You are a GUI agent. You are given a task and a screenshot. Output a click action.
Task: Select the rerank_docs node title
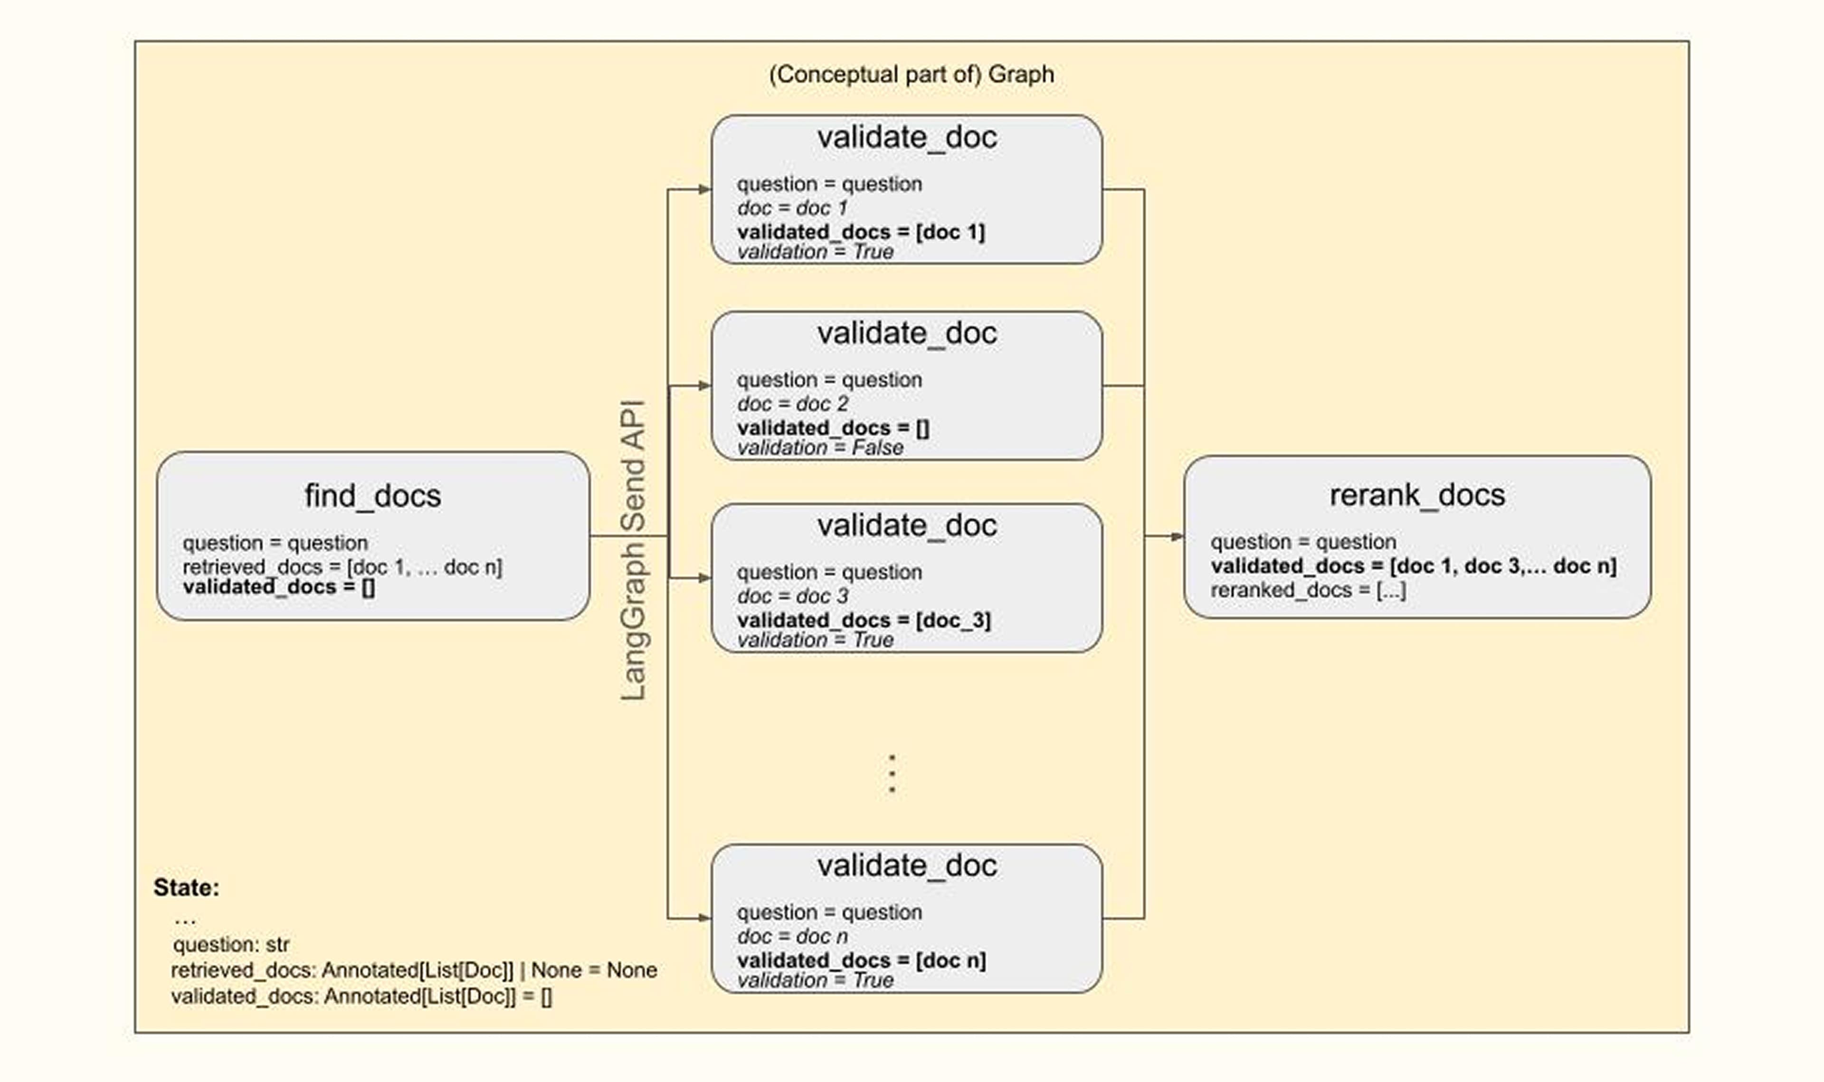pos(1416,495)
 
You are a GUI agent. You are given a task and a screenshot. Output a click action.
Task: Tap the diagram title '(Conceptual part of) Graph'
pos(911,75)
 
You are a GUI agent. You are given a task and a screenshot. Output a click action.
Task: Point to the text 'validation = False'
pos(820,448)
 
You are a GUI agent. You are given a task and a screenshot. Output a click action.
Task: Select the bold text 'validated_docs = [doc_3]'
pos(864,621)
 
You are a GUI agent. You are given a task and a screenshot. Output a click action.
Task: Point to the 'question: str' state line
pos(231,945)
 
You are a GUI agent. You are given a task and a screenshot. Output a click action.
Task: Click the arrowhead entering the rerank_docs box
pos(1177,536)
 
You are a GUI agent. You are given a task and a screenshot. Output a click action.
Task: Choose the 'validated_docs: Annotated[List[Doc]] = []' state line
pos(361,996)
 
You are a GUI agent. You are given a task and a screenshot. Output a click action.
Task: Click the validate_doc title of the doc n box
pos(906,865)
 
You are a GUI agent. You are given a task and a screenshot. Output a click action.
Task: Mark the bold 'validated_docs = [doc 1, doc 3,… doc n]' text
pos(1413,566)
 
